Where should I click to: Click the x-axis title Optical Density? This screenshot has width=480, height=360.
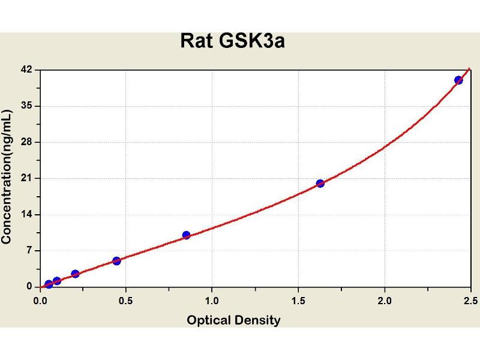pos(233,320)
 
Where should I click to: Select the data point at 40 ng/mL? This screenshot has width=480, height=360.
pos(458,80)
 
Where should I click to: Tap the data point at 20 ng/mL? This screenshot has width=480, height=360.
pos(320,183)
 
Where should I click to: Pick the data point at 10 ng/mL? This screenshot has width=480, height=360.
pos(186,235)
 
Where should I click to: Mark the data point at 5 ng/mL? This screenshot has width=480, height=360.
pos(116,260)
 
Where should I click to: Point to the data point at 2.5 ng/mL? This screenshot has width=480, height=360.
pos(75,274)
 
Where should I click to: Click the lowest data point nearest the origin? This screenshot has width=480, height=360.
pos(49,284)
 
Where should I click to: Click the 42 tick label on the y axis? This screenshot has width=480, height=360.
pos(26,70)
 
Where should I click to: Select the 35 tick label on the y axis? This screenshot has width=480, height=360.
pos(26,106)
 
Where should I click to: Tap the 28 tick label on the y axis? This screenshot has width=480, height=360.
pos(26,142)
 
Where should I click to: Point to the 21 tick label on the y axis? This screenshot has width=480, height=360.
pos(26,178)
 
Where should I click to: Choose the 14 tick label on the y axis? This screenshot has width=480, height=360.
pos(26,214)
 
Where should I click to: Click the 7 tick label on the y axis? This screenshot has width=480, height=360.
pos(29,250)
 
